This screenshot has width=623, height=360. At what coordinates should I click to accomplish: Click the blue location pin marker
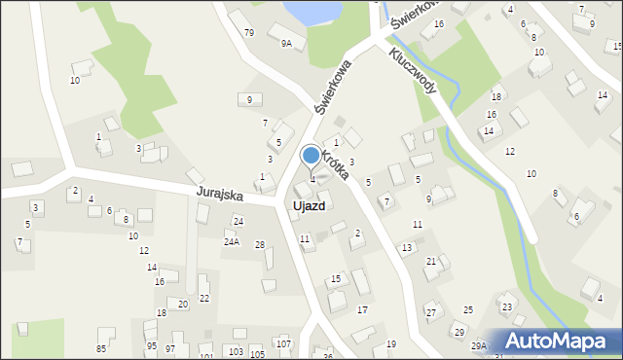(x=311, y=156)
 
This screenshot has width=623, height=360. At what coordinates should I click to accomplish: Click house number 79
(x=249, y=33)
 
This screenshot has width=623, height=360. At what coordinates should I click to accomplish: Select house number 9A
(x=286, y=44)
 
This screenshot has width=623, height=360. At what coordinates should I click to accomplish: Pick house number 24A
(x=231, y=241)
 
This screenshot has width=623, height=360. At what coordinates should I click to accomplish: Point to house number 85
(x=101, y=348)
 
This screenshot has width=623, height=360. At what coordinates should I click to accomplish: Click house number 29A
(x=479, y=345)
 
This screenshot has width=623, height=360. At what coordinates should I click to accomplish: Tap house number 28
(x=259, y=244)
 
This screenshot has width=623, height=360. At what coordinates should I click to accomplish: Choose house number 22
(x=203, y=298)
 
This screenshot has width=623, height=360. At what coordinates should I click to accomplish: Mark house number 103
(x=236, y=350)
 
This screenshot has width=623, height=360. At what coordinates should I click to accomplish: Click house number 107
(x=283, y=344)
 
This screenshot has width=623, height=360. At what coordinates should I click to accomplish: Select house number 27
(x=430, y=312)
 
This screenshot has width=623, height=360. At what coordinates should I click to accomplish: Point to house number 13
(x=407, y=248)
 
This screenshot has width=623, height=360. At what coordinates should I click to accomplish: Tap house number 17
(x=362, y=309)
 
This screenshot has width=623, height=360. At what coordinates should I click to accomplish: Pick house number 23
(x=506, y=307)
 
